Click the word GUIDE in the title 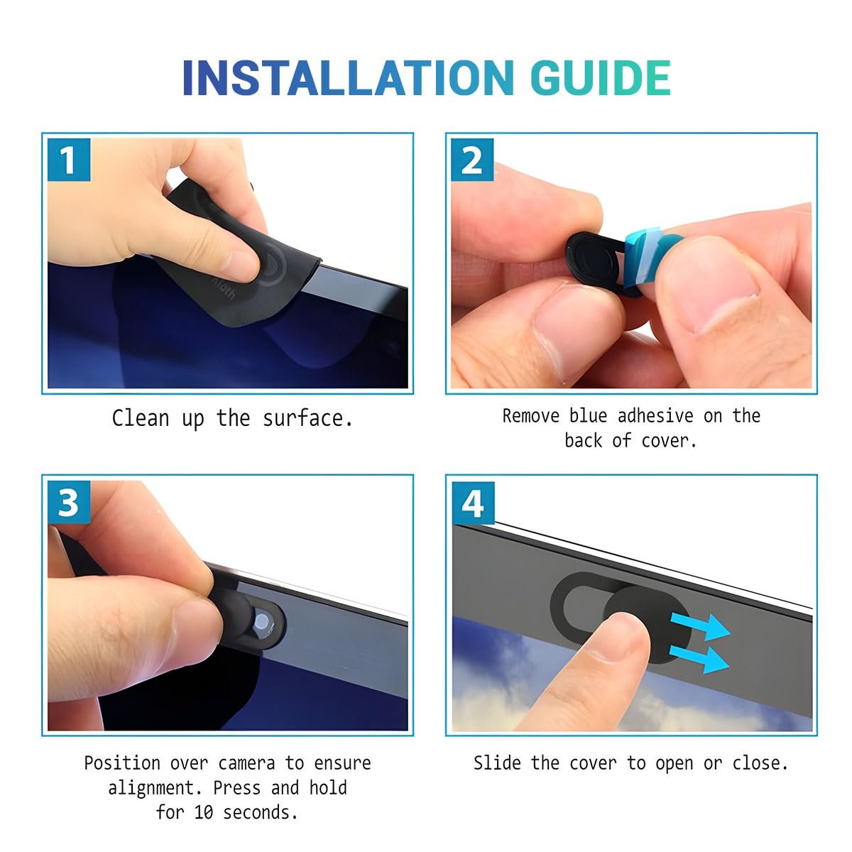tap(601, 78)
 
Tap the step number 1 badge tap(69, 160)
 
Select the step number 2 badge tap(472, 160)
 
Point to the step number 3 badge tap(69, 502)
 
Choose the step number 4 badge tap(473, 503)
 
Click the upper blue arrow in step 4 tap(700, 626)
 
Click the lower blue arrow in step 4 tap(699, 658)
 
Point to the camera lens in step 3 tap(262, 621)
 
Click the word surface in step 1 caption tap(307, 418)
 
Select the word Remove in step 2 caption tap(530, 416)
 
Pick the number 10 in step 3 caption tap(203, 813)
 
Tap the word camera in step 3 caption tap(246, 763)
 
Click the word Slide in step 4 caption tap(497, 763)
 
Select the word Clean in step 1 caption tap(140, 418)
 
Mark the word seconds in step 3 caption tap(260, 813)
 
